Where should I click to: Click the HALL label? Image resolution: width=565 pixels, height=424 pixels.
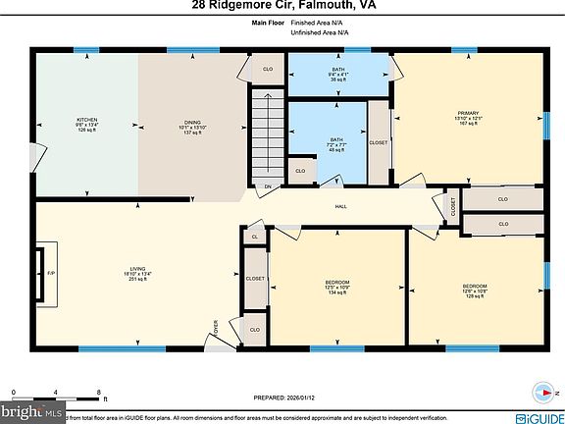(x=340, y=206)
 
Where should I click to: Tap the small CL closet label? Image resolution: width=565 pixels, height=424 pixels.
(x=255, y=237)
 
